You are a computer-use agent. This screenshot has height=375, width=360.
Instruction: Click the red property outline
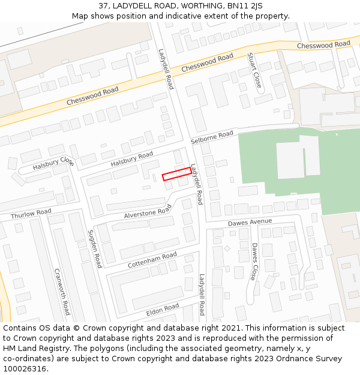coord(177,174)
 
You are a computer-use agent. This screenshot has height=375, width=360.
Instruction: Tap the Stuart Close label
coord(254,71)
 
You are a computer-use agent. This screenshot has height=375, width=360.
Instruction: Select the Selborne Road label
coord(212,137)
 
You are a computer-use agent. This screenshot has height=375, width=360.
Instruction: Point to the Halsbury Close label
coord(53,163)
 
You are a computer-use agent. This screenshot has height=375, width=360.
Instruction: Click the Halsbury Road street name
coord(132,160)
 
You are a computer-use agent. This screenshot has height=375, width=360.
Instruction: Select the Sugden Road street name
coord(95,248)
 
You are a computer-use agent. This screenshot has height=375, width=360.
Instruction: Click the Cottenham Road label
coord(152,260)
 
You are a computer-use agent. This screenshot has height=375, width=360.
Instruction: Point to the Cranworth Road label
coord(62,291)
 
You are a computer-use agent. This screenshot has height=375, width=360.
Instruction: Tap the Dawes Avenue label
coord(250,222)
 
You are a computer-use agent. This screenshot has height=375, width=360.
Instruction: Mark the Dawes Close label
coord(255,262)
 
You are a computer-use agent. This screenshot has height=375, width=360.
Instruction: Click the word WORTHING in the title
coord(193,6)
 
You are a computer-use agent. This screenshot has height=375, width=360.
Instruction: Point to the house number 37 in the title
coord(104,6)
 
